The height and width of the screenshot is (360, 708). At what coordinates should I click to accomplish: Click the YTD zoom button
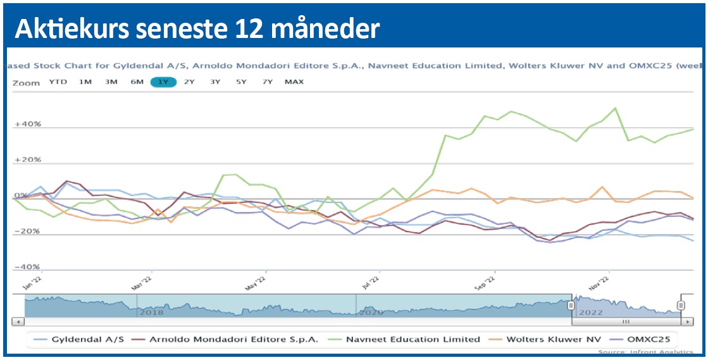click(58, 82)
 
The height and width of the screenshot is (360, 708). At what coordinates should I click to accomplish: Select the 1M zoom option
click(85, 82)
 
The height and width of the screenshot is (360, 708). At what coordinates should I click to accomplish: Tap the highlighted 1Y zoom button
click(163, 82)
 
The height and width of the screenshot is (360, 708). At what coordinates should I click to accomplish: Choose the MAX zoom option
click(294, 82)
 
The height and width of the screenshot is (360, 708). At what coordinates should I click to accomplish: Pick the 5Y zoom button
click(241, 82)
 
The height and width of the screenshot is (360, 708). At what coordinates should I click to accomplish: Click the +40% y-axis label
click(27, 125)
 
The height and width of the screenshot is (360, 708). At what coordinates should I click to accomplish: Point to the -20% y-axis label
click(27, 232)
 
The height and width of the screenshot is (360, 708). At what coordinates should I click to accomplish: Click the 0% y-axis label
click(20, 196)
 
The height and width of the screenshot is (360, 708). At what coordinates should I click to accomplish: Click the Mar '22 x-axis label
click(142, 281)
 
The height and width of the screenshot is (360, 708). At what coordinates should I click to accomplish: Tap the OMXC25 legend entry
click(646, 339)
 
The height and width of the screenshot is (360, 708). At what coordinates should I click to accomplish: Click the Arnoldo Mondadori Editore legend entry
click(233, 339)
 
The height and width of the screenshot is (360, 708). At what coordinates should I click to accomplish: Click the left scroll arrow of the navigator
click(19, 321)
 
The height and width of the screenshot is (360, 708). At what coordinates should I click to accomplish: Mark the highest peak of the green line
click(615, 108)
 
